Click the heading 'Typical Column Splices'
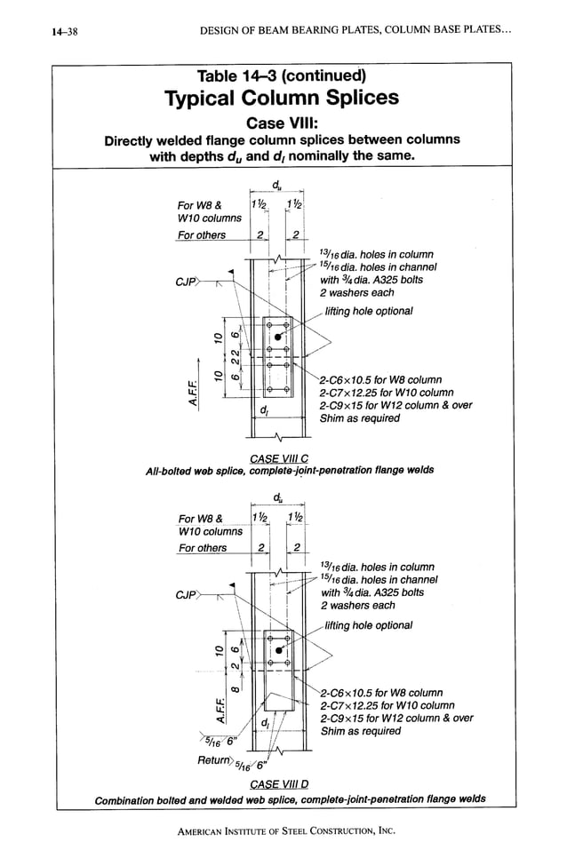click(282, 97)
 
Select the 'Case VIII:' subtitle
click(282, 122)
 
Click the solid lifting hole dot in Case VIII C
click(279, 338)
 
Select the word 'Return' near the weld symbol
click(216, 760)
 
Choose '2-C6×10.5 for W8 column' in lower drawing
click(380, 693)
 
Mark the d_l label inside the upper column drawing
click(264, 409)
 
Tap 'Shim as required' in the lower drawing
click(360, 731)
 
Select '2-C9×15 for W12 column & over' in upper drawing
click(395, 406)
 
